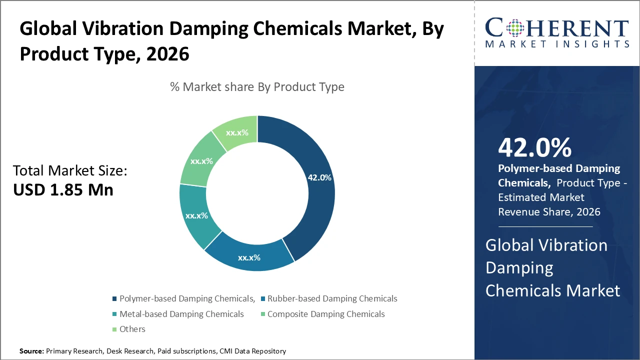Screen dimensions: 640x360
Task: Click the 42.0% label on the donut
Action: coord(319,177)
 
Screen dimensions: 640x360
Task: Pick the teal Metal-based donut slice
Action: coord(196,216)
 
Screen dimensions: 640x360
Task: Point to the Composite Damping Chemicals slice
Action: coord(201,161)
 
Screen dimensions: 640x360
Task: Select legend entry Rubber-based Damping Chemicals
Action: coord(332,298)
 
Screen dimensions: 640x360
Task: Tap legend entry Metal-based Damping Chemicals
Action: coord(181,314)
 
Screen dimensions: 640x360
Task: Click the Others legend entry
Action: coord(132,329)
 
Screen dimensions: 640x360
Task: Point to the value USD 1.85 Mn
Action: coord(63,190)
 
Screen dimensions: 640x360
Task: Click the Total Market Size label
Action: coord(70,171)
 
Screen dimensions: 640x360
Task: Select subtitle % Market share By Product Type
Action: coord(257,87)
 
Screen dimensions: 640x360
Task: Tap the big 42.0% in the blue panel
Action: coord(535,147)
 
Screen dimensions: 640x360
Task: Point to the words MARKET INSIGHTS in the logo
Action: coord(557,44)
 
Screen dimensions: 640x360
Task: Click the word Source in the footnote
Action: coord(31,351)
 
